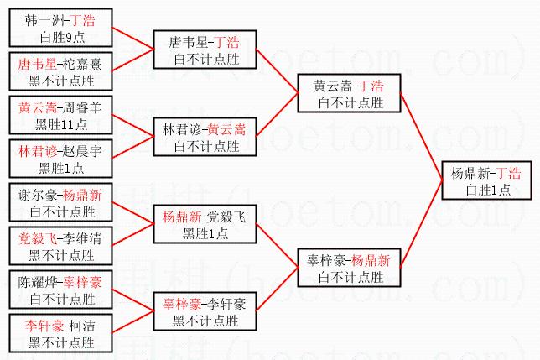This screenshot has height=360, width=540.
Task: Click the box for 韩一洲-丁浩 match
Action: click(x=60, y=28)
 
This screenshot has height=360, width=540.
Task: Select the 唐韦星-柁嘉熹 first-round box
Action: click(x=60, y=71)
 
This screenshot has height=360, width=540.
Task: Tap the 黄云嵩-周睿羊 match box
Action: click(x=60, y=115)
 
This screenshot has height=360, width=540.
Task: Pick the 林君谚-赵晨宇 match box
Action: click(x=60, y=159)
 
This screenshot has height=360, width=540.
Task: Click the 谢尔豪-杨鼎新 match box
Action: click(x=60, y=202)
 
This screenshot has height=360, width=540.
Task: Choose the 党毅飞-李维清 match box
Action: click(x=60, y=246)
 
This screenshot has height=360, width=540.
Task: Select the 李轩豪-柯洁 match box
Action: click(x=60, y=333)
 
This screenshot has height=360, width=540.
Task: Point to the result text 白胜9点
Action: click(x=61, y=37)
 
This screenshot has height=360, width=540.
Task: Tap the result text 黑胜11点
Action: click(x=61, y=124)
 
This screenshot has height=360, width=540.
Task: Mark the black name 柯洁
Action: click(x=87, y=324)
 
